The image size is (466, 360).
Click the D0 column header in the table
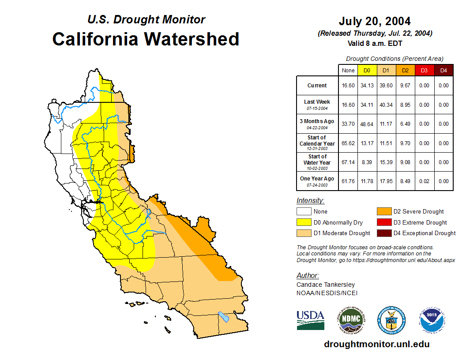367,70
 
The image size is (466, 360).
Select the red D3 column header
424,70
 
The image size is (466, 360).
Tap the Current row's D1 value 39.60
386,86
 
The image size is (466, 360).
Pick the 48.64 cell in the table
367,124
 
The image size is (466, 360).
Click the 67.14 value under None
348,162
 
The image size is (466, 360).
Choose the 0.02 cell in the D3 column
424,181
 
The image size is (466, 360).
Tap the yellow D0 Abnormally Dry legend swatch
304,222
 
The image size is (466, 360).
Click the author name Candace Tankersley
326,285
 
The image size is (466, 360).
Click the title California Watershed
146,39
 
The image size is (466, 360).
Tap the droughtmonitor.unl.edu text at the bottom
376,344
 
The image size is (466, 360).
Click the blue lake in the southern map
224,317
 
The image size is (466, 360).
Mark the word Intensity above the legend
310,201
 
